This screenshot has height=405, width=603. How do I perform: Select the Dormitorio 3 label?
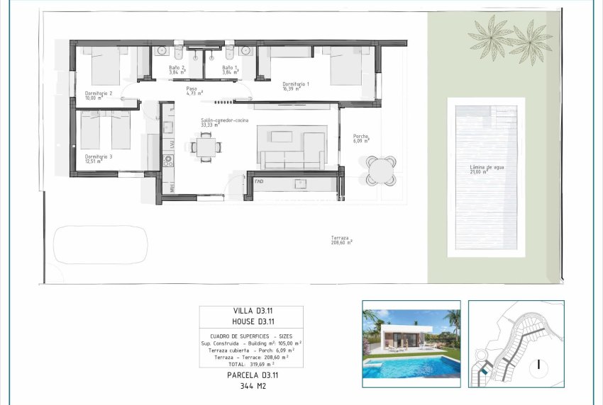click(x=98, y=158)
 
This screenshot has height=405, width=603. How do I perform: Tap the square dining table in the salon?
click(x=206, y=147)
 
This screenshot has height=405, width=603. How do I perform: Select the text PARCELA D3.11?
click(x=250, y=375)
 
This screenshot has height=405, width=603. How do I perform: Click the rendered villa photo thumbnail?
click(x=411, y=344)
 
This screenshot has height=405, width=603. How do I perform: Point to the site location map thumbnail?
click(x=516, y=344)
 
